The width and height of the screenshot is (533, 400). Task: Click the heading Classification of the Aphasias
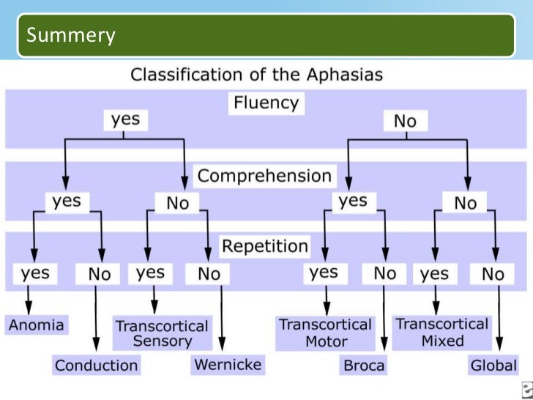coord(256,74)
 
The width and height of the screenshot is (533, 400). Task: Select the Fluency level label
coord(265,103)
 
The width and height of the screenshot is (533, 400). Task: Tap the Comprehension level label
coord(264,176)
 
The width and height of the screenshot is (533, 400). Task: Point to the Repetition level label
coord(265,245)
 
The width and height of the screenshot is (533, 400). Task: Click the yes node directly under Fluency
coord(125,119)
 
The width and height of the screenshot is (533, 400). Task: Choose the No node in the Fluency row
coord(405,122)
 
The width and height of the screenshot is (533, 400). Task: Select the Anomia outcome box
coord(36,325)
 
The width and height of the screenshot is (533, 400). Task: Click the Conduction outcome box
coord(96,365)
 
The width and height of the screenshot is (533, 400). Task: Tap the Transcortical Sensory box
coord(162,333)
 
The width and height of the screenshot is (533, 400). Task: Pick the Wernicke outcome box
coord(227,364)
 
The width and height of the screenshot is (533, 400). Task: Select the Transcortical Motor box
coord(325,333)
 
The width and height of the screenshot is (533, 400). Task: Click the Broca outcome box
coord(363,365)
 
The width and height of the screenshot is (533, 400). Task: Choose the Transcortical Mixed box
coord(441,332)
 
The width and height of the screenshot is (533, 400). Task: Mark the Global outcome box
coord(493,365)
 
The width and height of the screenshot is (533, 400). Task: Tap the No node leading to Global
coord(493,274)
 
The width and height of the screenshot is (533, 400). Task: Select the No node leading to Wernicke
coord(208,274)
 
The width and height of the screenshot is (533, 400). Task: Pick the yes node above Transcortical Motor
coord(324,273)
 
